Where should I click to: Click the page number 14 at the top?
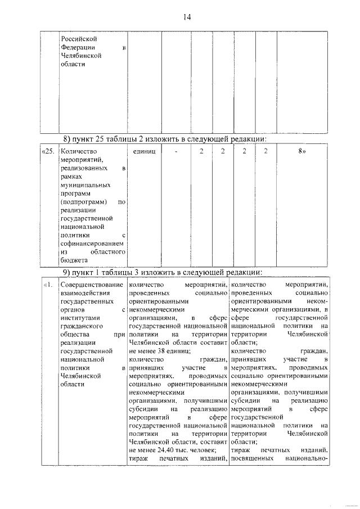click(187, 17)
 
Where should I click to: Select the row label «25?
click(49, 152)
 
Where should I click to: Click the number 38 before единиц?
click(164, 350)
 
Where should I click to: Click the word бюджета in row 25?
click(74, 260)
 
